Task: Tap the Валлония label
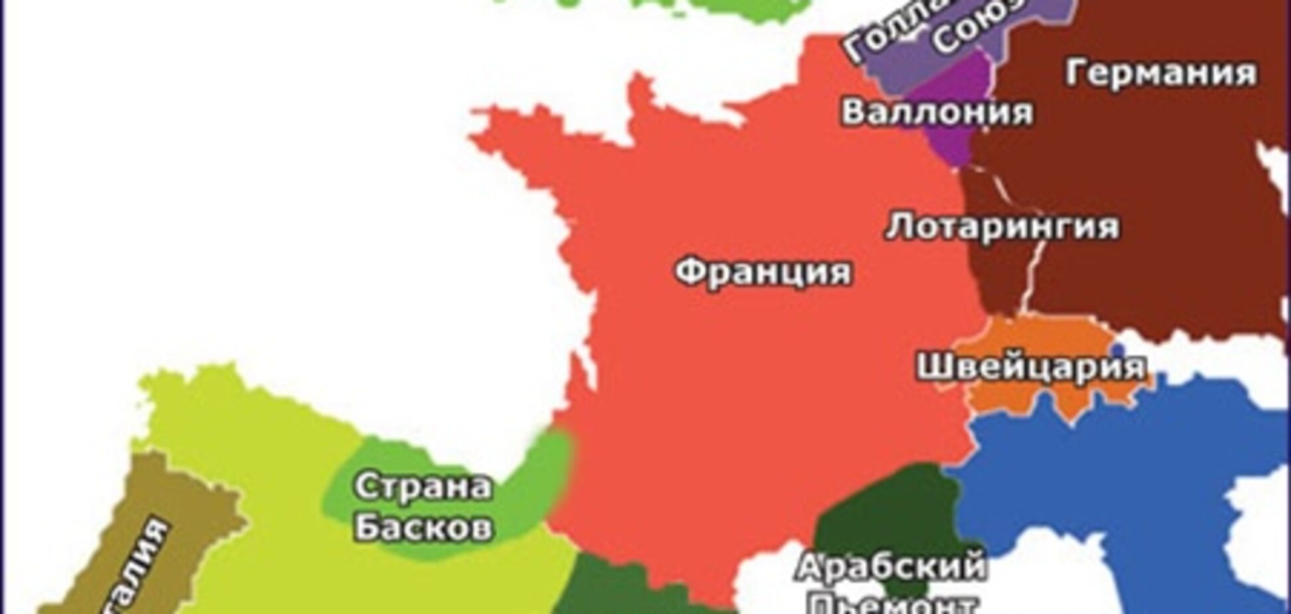click(937, 111)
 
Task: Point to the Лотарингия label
click(1002, 227)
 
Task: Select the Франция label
click(763, 272)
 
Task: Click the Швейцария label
click(1031, 366)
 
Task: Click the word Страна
click(423, 487)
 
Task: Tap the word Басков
click(423, 528)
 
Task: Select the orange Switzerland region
click(996, 399)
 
